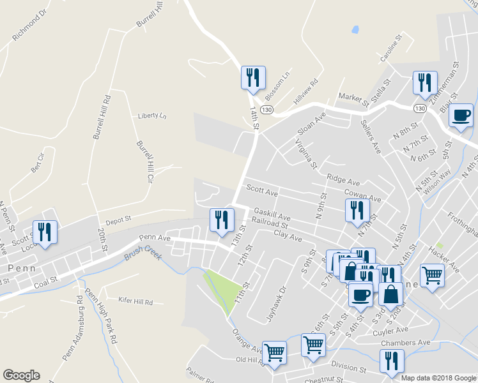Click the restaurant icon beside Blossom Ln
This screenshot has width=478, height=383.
[254, 78]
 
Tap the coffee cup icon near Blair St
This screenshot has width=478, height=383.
[461, 115]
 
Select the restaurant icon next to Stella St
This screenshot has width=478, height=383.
[424, 82]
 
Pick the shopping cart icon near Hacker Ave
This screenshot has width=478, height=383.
[433, 276]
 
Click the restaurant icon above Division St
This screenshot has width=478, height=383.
[391, 361]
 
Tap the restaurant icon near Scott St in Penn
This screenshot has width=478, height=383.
[45, 232]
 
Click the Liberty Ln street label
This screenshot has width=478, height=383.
[152, 116]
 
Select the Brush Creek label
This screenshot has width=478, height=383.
[144, 253]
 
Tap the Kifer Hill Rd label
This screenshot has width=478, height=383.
[136, 300]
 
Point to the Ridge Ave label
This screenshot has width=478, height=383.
[343, 181]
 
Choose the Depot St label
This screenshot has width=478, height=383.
[118, 218]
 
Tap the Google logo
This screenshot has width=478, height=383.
[21, 375]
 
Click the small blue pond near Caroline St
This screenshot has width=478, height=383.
[355, 29]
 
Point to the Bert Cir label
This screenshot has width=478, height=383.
[38, 163]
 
